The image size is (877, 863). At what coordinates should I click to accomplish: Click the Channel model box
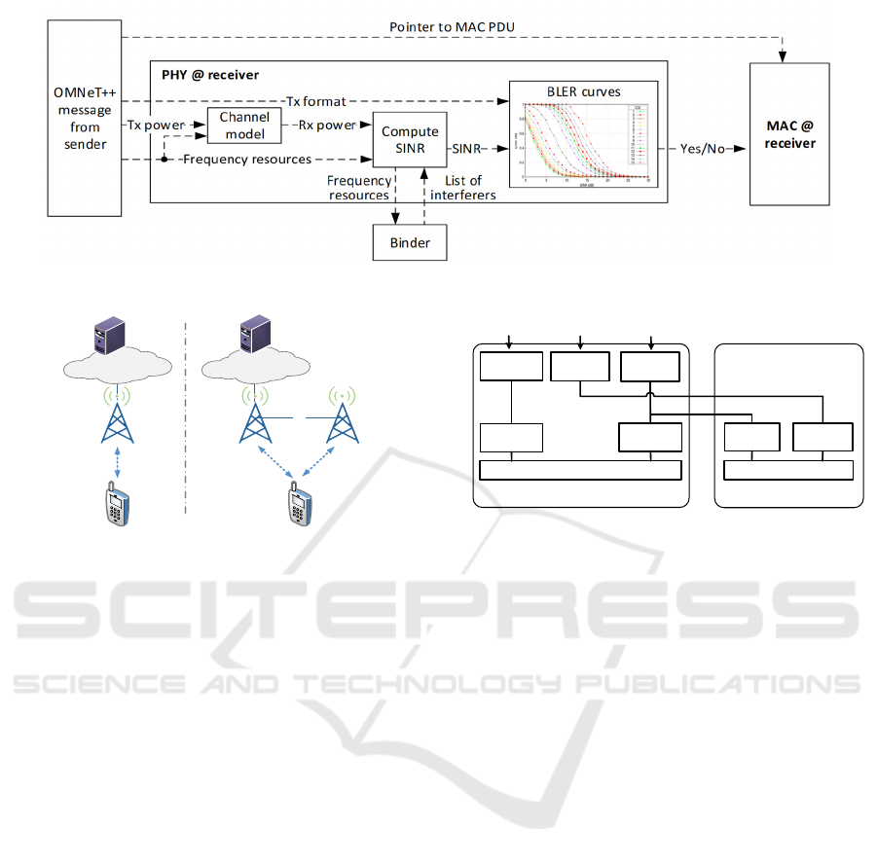[x=244, y=125]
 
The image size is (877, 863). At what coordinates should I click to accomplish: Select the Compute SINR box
[x=410, y=139]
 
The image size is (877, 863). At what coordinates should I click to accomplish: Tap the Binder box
[x=410, y=241]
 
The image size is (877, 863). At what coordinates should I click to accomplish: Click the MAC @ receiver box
[x=788, y=133]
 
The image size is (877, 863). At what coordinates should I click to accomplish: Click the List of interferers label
[x=463, y=188]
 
